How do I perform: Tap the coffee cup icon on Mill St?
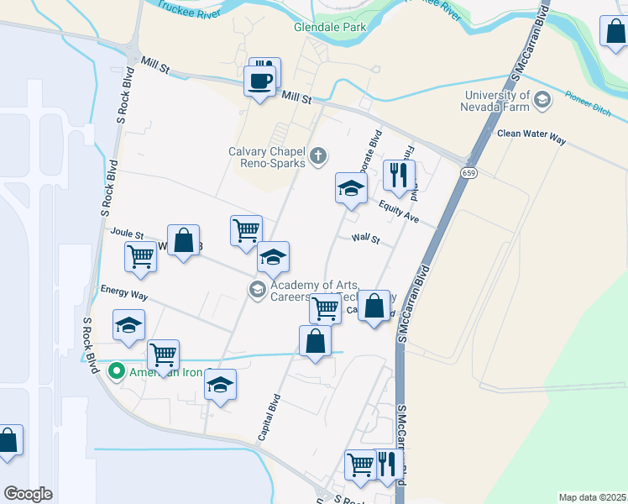[259, 81]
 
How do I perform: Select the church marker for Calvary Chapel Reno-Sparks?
[317, 155]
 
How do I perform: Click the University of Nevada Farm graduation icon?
[542, 100]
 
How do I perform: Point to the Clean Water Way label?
[531, 134]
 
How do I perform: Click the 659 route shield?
[468, 172]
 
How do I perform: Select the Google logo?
[28, 493]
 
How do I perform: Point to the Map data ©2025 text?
[591, 497]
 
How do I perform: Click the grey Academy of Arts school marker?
[256, 290]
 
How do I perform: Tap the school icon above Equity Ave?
[351, 188]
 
